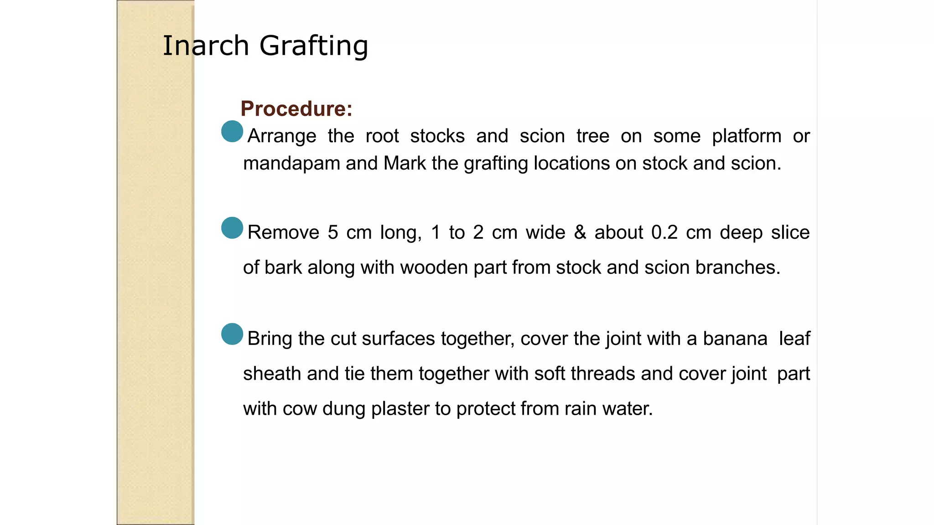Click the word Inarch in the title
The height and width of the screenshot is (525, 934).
coord(206,46)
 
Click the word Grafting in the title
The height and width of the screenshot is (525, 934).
coord(314,46)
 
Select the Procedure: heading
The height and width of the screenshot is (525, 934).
coord(296,108)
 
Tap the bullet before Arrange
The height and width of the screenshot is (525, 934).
coord(232,131)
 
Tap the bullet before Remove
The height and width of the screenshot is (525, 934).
coord(232,228)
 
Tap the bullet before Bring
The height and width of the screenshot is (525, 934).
coord(232,334)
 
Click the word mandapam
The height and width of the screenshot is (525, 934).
coord(291,163)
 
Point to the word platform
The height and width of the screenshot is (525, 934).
coord(747,136)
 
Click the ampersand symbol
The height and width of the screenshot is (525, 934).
coord(580,232)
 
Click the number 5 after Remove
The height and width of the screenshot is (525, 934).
coord(333,232)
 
